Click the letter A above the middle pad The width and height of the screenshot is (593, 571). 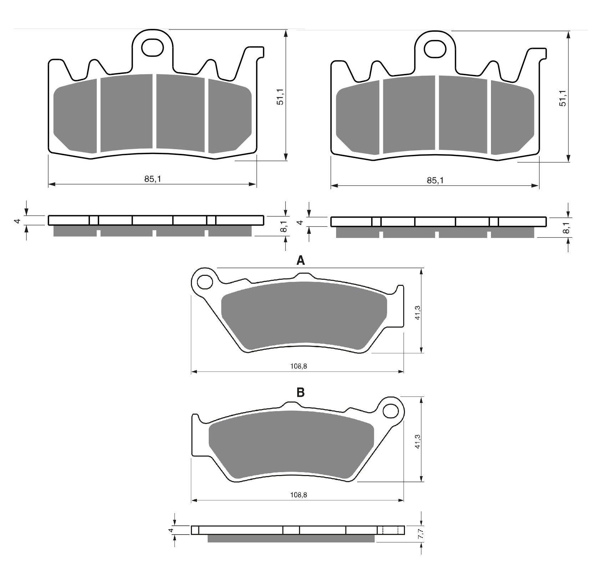tap(301, 261)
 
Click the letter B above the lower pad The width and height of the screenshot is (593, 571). tap(301, 393)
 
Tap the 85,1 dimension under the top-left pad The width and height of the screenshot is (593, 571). tap(153, 179)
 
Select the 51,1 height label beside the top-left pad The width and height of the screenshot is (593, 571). tap(280, 96)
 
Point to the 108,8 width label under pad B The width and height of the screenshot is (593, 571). tap(299, 495)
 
